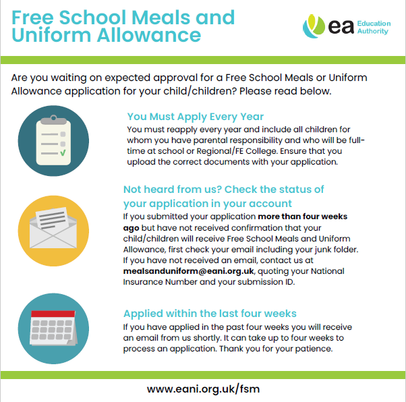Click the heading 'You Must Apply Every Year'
[196, 116]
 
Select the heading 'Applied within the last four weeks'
[210, 314]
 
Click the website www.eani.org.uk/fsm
[203, 389]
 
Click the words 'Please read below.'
[285, 90]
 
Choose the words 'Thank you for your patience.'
[272, 349]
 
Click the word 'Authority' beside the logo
[375, 32]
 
